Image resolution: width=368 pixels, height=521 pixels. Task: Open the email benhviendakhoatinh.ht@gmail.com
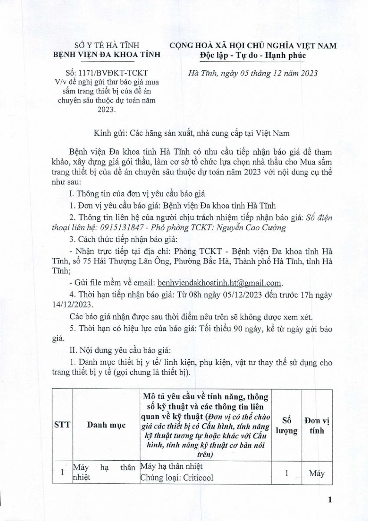point(220,283)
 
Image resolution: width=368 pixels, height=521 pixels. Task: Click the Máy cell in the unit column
point(316,474)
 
